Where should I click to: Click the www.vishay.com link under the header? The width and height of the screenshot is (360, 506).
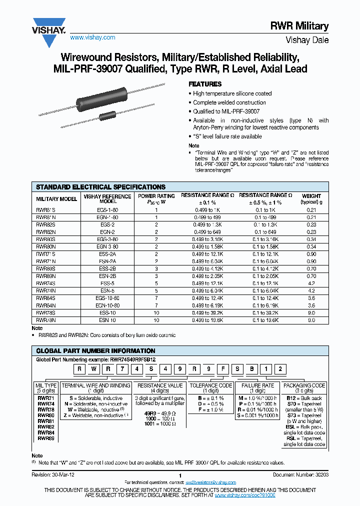coord(92,37)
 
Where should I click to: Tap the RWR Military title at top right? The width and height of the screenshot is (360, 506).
coord(306,26)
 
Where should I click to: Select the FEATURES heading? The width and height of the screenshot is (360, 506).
coord(204,84)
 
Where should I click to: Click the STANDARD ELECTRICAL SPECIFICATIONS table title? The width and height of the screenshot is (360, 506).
coord(100,186)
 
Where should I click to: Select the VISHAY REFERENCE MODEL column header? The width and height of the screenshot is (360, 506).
coord(107,198)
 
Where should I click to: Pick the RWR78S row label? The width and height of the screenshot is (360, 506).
coord(45,314)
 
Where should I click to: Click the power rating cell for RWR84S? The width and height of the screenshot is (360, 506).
coord(156,298)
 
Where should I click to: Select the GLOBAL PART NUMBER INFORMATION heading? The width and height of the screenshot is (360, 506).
coord(95,351)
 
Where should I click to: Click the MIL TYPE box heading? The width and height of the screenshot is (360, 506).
coord(46,385)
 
